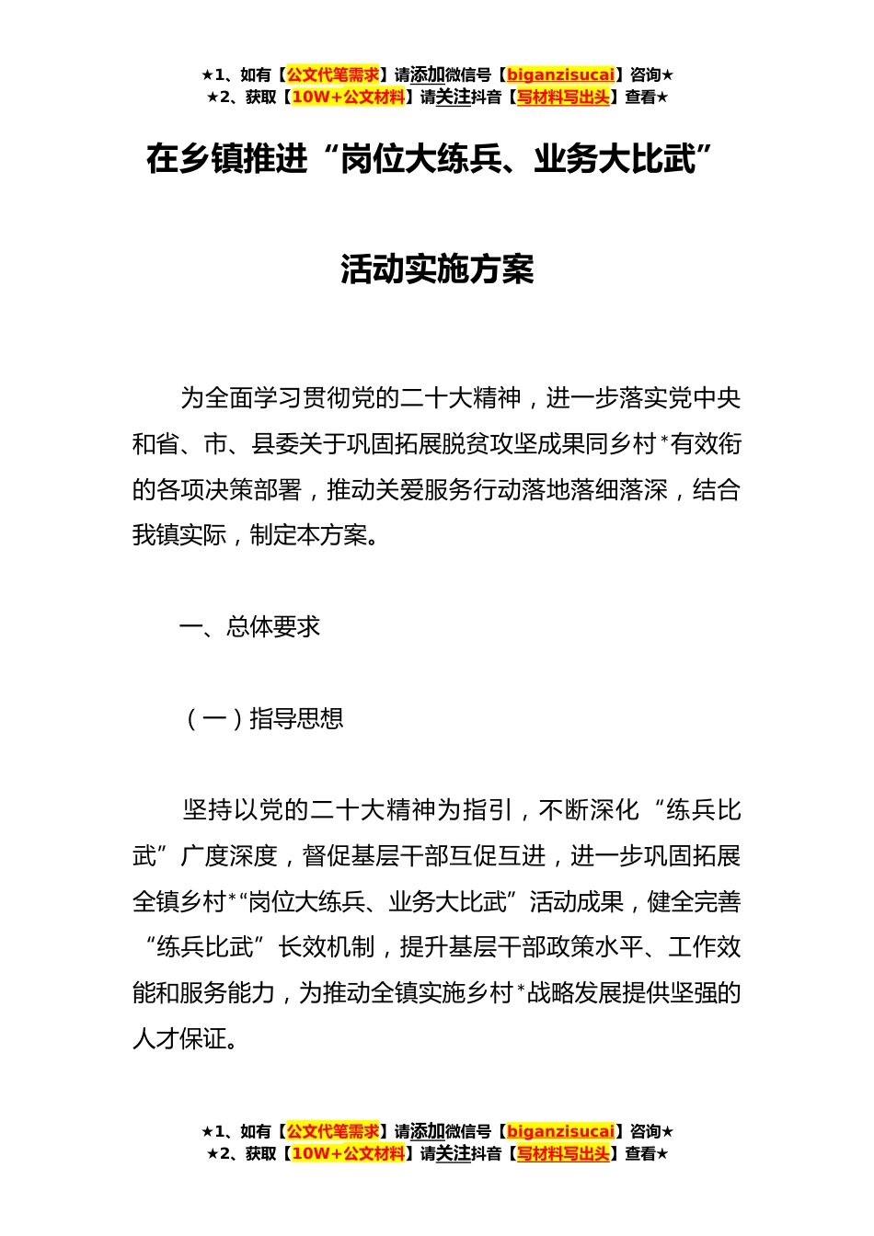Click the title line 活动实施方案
(437, 269)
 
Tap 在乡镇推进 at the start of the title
(226, 160)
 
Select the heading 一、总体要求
(249, 627)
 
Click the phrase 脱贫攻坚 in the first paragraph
(489, 444)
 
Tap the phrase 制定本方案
(308, 535)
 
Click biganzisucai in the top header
(560, 75)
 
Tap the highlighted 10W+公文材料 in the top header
(347, 97)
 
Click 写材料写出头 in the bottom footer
(563, 1153)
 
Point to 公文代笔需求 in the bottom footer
(332, 1131)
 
